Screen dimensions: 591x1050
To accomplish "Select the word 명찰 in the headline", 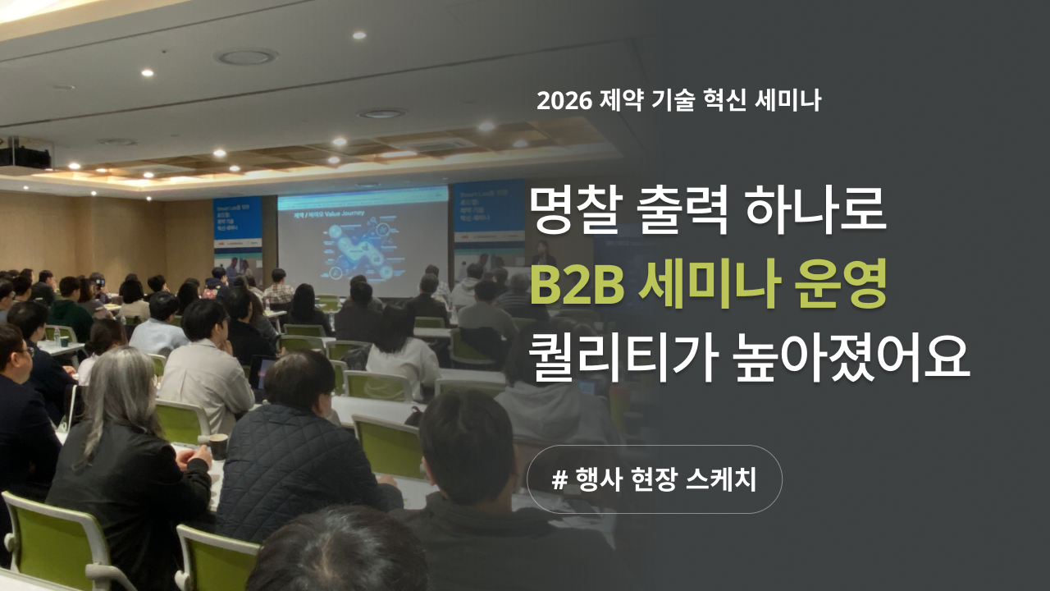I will pos(573,212).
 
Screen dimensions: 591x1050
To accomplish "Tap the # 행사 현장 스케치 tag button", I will pos(654,479).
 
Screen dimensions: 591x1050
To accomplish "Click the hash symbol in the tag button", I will pos(560,480).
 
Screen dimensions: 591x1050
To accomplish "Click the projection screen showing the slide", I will pos(363,241).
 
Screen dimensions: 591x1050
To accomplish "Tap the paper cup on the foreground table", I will pos(217,446).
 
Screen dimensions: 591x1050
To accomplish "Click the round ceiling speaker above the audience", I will pos(245,57).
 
